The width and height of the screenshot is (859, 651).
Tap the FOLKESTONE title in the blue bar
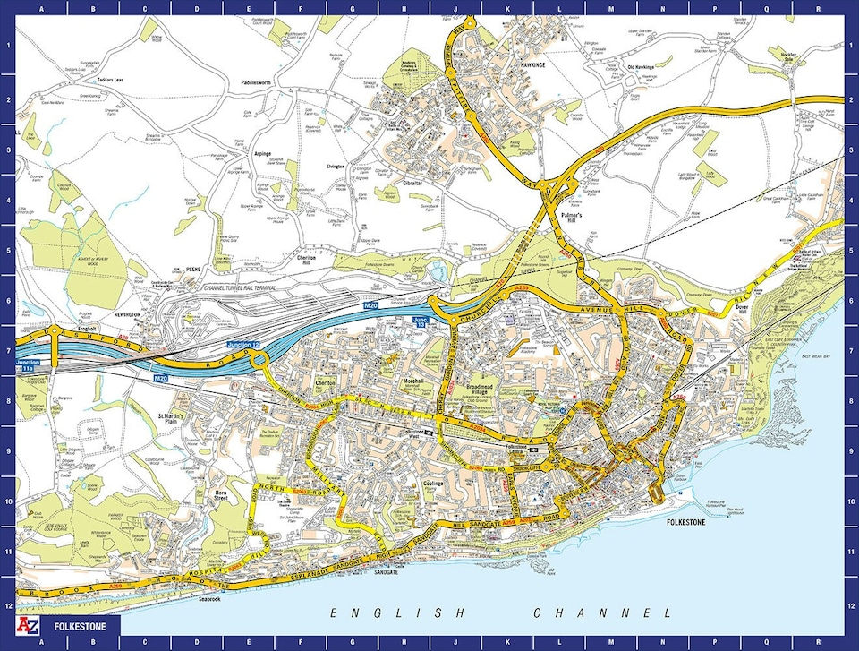(x=79, y=627)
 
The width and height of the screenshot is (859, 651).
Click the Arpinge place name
(x=262, y=153)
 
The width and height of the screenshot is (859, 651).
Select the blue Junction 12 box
(x=246, y=345)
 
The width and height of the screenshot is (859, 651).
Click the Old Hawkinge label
(x=641, y=66)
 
